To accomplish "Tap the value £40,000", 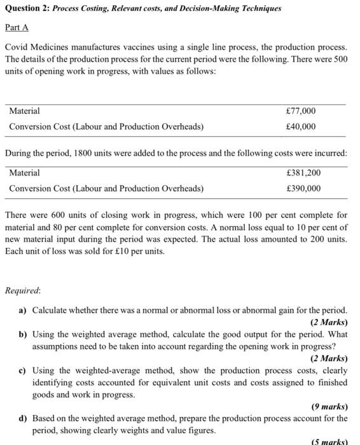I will [301, 127].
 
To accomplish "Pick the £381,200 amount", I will [303, 172].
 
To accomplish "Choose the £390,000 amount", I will [303, 188].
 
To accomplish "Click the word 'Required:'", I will [22, 291].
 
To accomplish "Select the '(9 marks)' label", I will [329, 407].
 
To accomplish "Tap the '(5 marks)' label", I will [329, 441].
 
